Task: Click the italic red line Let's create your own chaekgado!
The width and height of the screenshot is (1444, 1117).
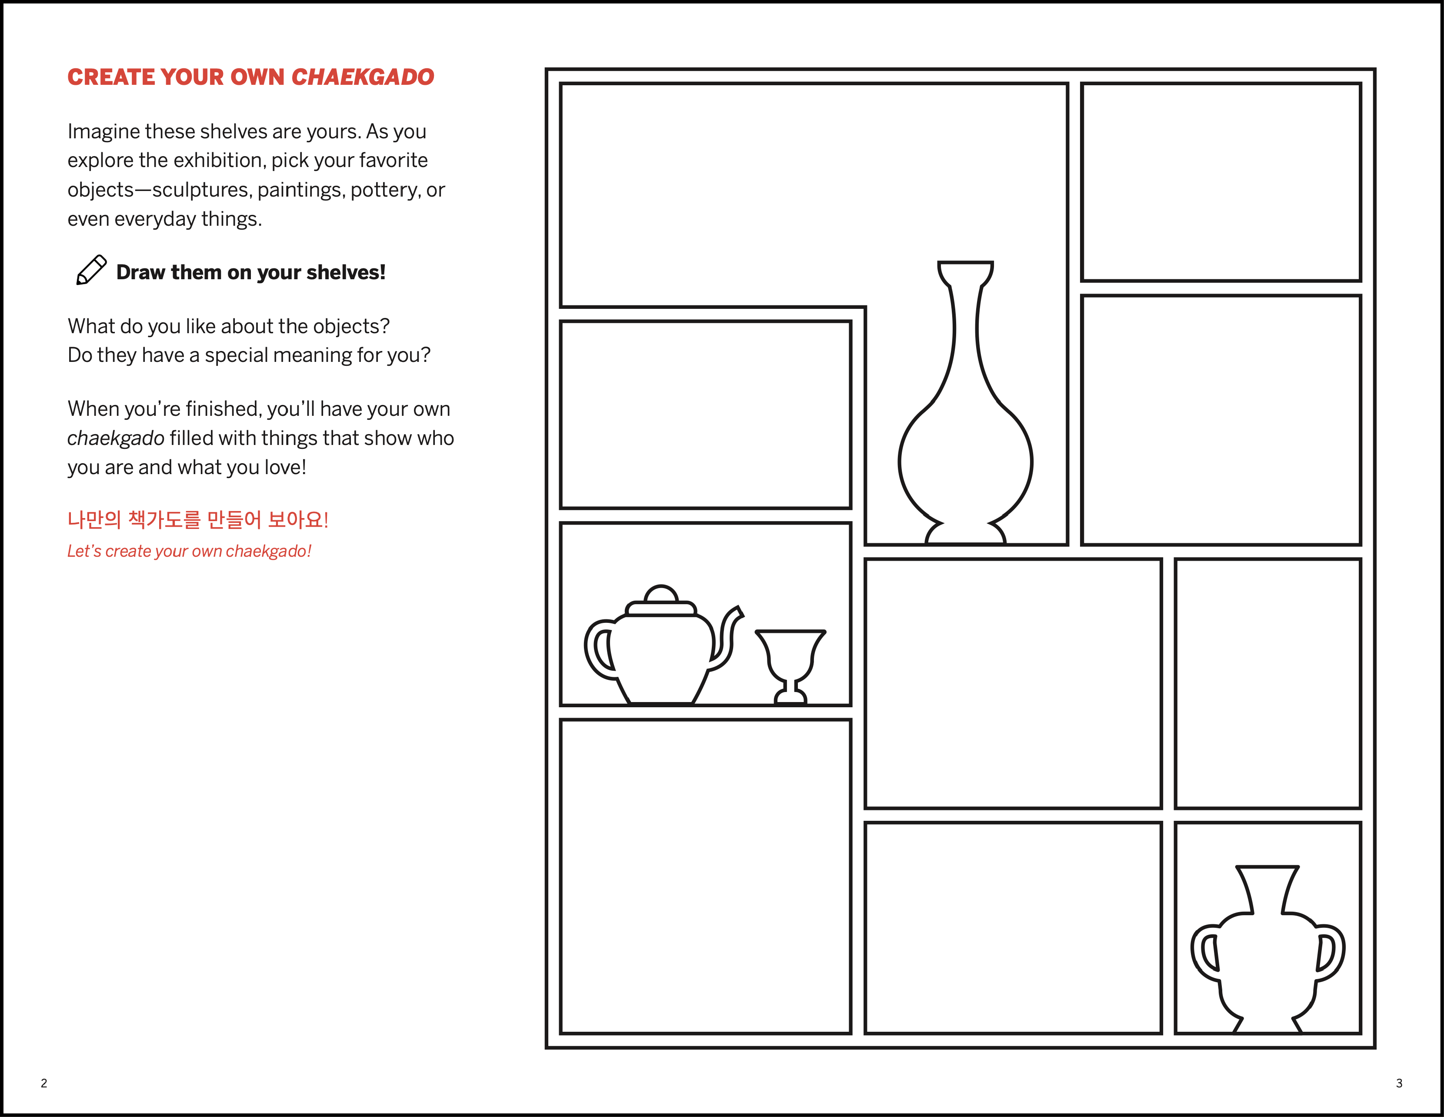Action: pos(189,551)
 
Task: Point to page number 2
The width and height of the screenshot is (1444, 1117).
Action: pos(43,1083)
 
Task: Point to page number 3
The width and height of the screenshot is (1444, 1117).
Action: pos(1399,1083)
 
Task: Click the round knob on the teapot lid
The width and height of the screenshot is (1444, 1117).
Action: pos(661,593)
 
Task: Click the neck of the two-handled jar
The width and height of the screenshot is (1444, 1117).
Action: pos(1267,890)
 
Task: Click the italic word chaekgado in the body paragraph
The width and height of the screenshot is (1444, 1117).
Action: pos(116,438)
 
